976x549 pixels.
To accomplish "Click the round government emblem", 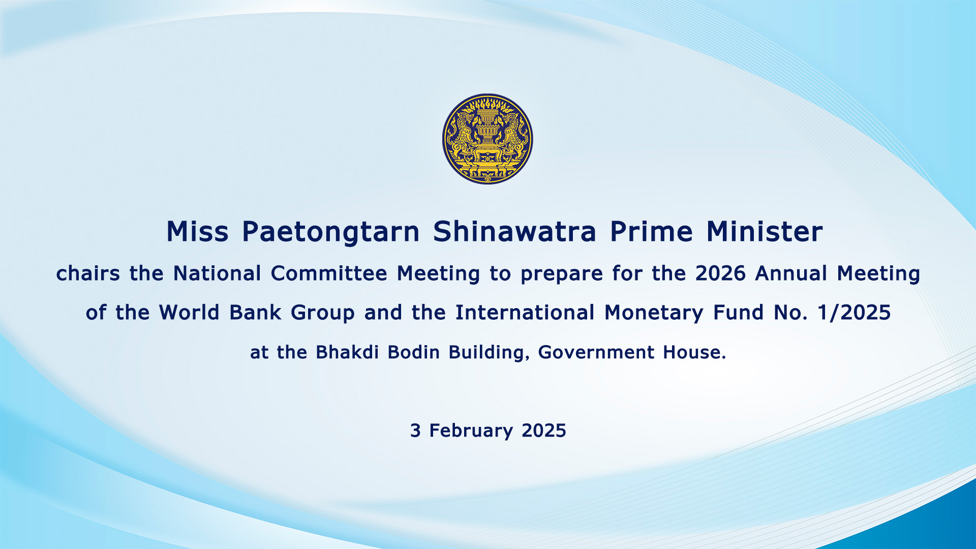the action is [487, 139].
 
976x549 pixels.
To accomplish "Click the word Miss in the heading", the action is [197, 232].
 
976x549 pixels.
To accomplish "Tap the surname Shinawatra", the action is [514, 232].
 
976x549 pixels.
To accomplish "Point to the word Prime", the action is [651, 232].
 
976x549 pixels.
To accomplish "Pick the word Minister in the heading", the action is [765, 232].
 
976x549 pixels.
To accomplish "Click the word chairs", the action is [88, 273].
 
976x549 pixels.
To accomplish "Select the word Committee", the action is [329, 273].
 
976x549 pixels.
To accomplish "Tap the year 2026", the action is [720, 273].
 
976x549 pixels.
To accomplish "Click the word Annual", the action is [791, 273].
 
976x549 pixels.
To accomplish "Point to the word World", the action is [189, 313].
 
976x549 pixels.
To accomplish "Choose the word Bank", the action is [255, 313].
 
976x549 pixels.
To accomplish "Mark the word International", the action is [525, 313].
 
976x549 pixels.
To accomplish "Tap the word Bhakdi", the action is [347, 352].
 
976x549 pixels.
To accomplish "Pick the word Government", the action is [596, 352].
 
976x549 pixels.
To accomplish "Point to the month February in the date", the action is [471, 431].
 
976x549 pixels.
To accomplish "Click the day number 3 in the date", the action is [415, 431].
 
